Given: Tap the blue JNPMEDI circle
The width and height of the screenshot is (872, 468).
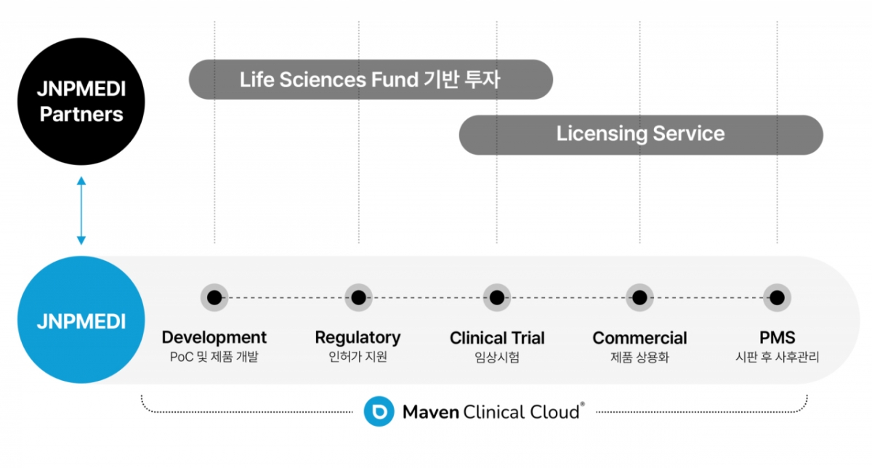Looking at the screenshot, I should click(x=81, y=320).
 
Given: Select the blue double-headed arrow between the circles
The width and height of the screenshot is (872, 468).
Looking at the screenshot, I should click(x=81, y=210).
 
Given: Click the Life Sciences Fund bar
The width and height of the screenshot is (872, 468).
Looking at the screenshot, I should click(x=371, y=79).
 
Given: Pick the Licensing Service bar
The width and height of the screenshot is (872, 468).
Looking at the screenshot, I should click(x=640, y=134).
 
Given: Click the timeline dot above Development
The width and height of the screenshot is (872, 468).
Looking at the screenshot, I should click(x=214, y=297).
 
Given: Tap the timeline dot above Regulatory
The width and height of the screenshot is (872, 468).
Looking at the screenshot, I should click(x=358, y=297).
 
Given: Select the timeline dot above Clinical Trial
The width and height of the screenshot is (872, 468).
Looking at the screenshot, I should click(x=497, y=297).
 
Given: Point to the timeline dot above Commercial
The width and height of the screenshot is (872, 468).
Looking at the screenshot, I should click(x=639, y=297).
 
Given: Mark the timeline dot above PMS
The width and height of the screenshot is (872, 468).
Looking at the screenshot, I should click(x=777, y=297).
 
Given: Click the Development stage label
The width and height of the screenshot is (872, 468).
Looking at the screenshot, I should click(x=214, y=338).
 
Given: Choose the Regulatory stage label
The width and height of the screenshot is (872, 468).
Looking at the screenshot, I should click(x=358, y=338).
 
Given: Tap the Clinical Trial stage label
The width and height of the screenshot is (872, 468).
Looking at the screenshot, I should click(x=497, y=338).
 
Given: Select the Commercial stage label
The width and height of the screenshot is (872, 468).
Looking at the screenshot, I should click(x=639, y=338).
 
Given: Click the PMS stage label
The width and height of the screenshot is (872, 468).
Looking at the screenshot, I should click(x=777, y=338).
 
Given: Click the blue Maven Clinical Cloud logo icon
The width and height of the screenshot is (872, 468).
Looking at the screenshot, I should click(x=379, y=412).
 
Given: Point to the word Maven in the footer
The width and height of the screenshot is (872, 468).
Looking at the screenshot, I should click(x=431, y=413).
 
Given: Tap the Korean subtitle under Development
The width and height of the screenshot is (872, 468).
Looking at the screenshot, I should click(x=214, y=358).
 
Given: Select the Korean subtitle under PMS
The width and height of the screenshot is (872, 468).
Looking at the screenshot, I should click(x=777, y=358).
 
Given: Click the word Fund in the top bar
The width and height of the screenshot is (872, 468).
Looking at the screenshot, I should click(x=392, y=79).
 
